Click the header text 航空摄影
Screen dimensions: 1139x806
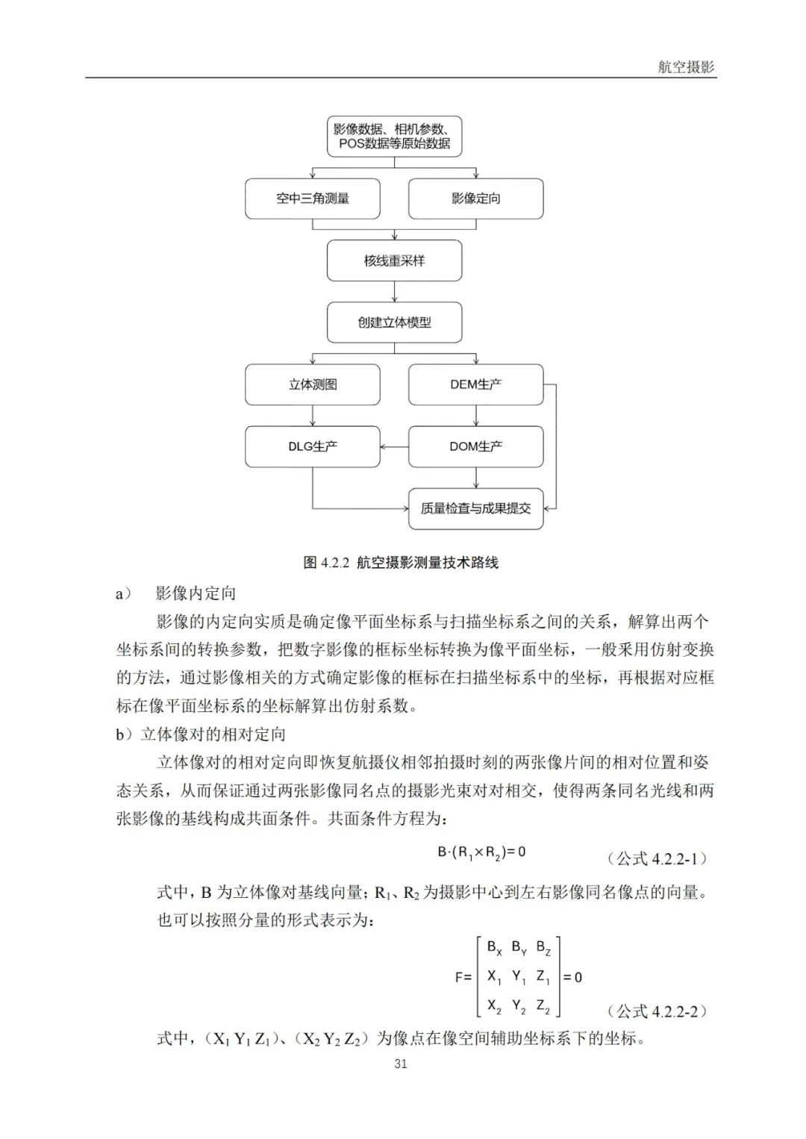(x=686, y=67)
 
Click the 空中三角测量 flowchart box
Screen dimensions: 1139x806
(x=312, y=199)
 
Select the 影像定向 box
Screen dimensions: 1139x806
(x=475, y=199)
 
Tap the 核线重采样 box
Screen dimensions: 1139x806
(x=394, y=260)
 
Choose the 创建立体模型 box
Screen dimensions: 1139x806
(x=394, y=322)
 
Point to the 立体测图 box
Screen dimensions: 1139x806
(x=312, y=384)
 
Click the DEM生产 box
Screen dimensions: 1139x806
(x=475, y=384)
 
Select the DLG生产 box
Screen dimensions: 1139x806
(x=312, y=446)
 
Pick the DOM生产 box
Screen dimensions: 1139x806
(x=475, y=446)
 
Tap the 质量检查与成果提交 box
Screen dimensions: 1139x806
(x=475, y=508)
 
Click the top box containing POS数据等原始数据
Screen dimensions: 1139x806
(x=394, y=136)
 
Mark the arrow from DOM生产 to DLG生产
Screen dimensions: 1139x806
(x=394, y=447)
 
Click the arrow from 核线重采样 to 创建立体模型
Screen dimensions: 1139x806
(x=395, y=292)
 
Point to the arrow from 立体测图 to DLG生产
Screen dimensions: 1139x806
(x=313, y=416)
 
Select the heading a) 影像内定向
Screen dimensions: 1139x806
(x=176, y=593)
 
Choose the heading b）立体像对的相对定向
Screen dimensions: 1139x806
(x=201, y=734)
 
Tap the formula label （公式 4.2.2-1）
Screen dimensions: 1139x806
(x=657, y=858)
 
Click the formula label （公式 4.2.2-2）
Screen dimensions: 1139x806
(x=657, y=1011)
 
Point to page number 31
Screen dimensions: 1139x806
(x=401, y=1064)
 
